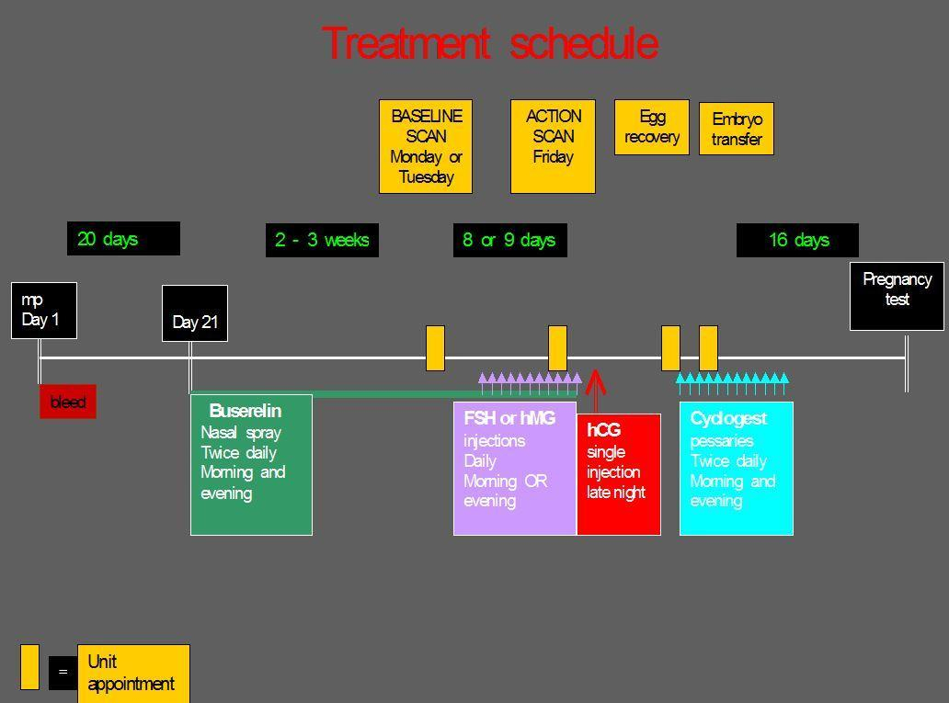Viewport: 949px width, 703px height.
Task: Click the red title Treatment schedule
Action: tap(490, 43)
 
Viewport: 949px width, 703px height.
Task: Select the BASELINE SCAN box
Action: tap(426, 146)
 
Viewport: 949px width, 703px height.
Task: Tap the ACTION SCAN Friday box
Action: tap(553, 146)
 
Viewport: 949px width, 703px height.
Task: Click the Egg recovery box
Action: tap(652, 127)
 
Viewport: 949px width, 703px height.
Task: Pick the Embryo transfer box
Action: tap(736, 129)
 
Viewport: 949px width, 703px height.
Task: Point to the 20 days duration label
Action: tap(123, 238)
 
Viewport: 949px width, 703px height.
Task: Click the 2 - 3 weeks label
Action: tap(322, 240)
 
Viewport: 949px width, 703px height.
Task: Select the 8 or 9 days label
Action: tap(510, 240)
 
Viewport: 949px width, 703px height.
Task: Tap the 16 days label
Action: tap(797, 240)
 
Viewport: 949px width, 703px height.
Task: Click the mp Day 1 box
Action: tap(44, 311)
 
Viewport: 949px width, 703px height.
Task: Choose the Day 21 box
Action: tap(195, 313)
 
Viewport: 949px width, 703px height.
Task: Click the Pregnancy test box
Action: tap(897, 297)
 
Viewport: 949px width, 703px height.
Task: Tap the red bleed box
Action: tap(68, 402)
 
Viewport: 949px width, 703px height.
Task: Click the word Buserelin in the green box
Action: tap(246, 412)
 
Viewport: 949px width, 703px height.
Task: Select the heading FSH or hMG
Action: tap(509, 419)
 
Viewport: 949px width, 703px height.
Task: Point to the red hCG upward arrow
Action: tap(596, 391)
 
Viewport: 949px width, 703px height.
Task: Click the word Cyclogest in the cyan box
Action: tap(728, 419)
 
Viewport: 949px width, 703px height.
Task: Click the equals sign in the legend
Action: tap(63, 672)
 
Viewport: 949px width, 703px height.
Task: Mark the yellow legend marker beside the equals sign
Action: tap(29, 666)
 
